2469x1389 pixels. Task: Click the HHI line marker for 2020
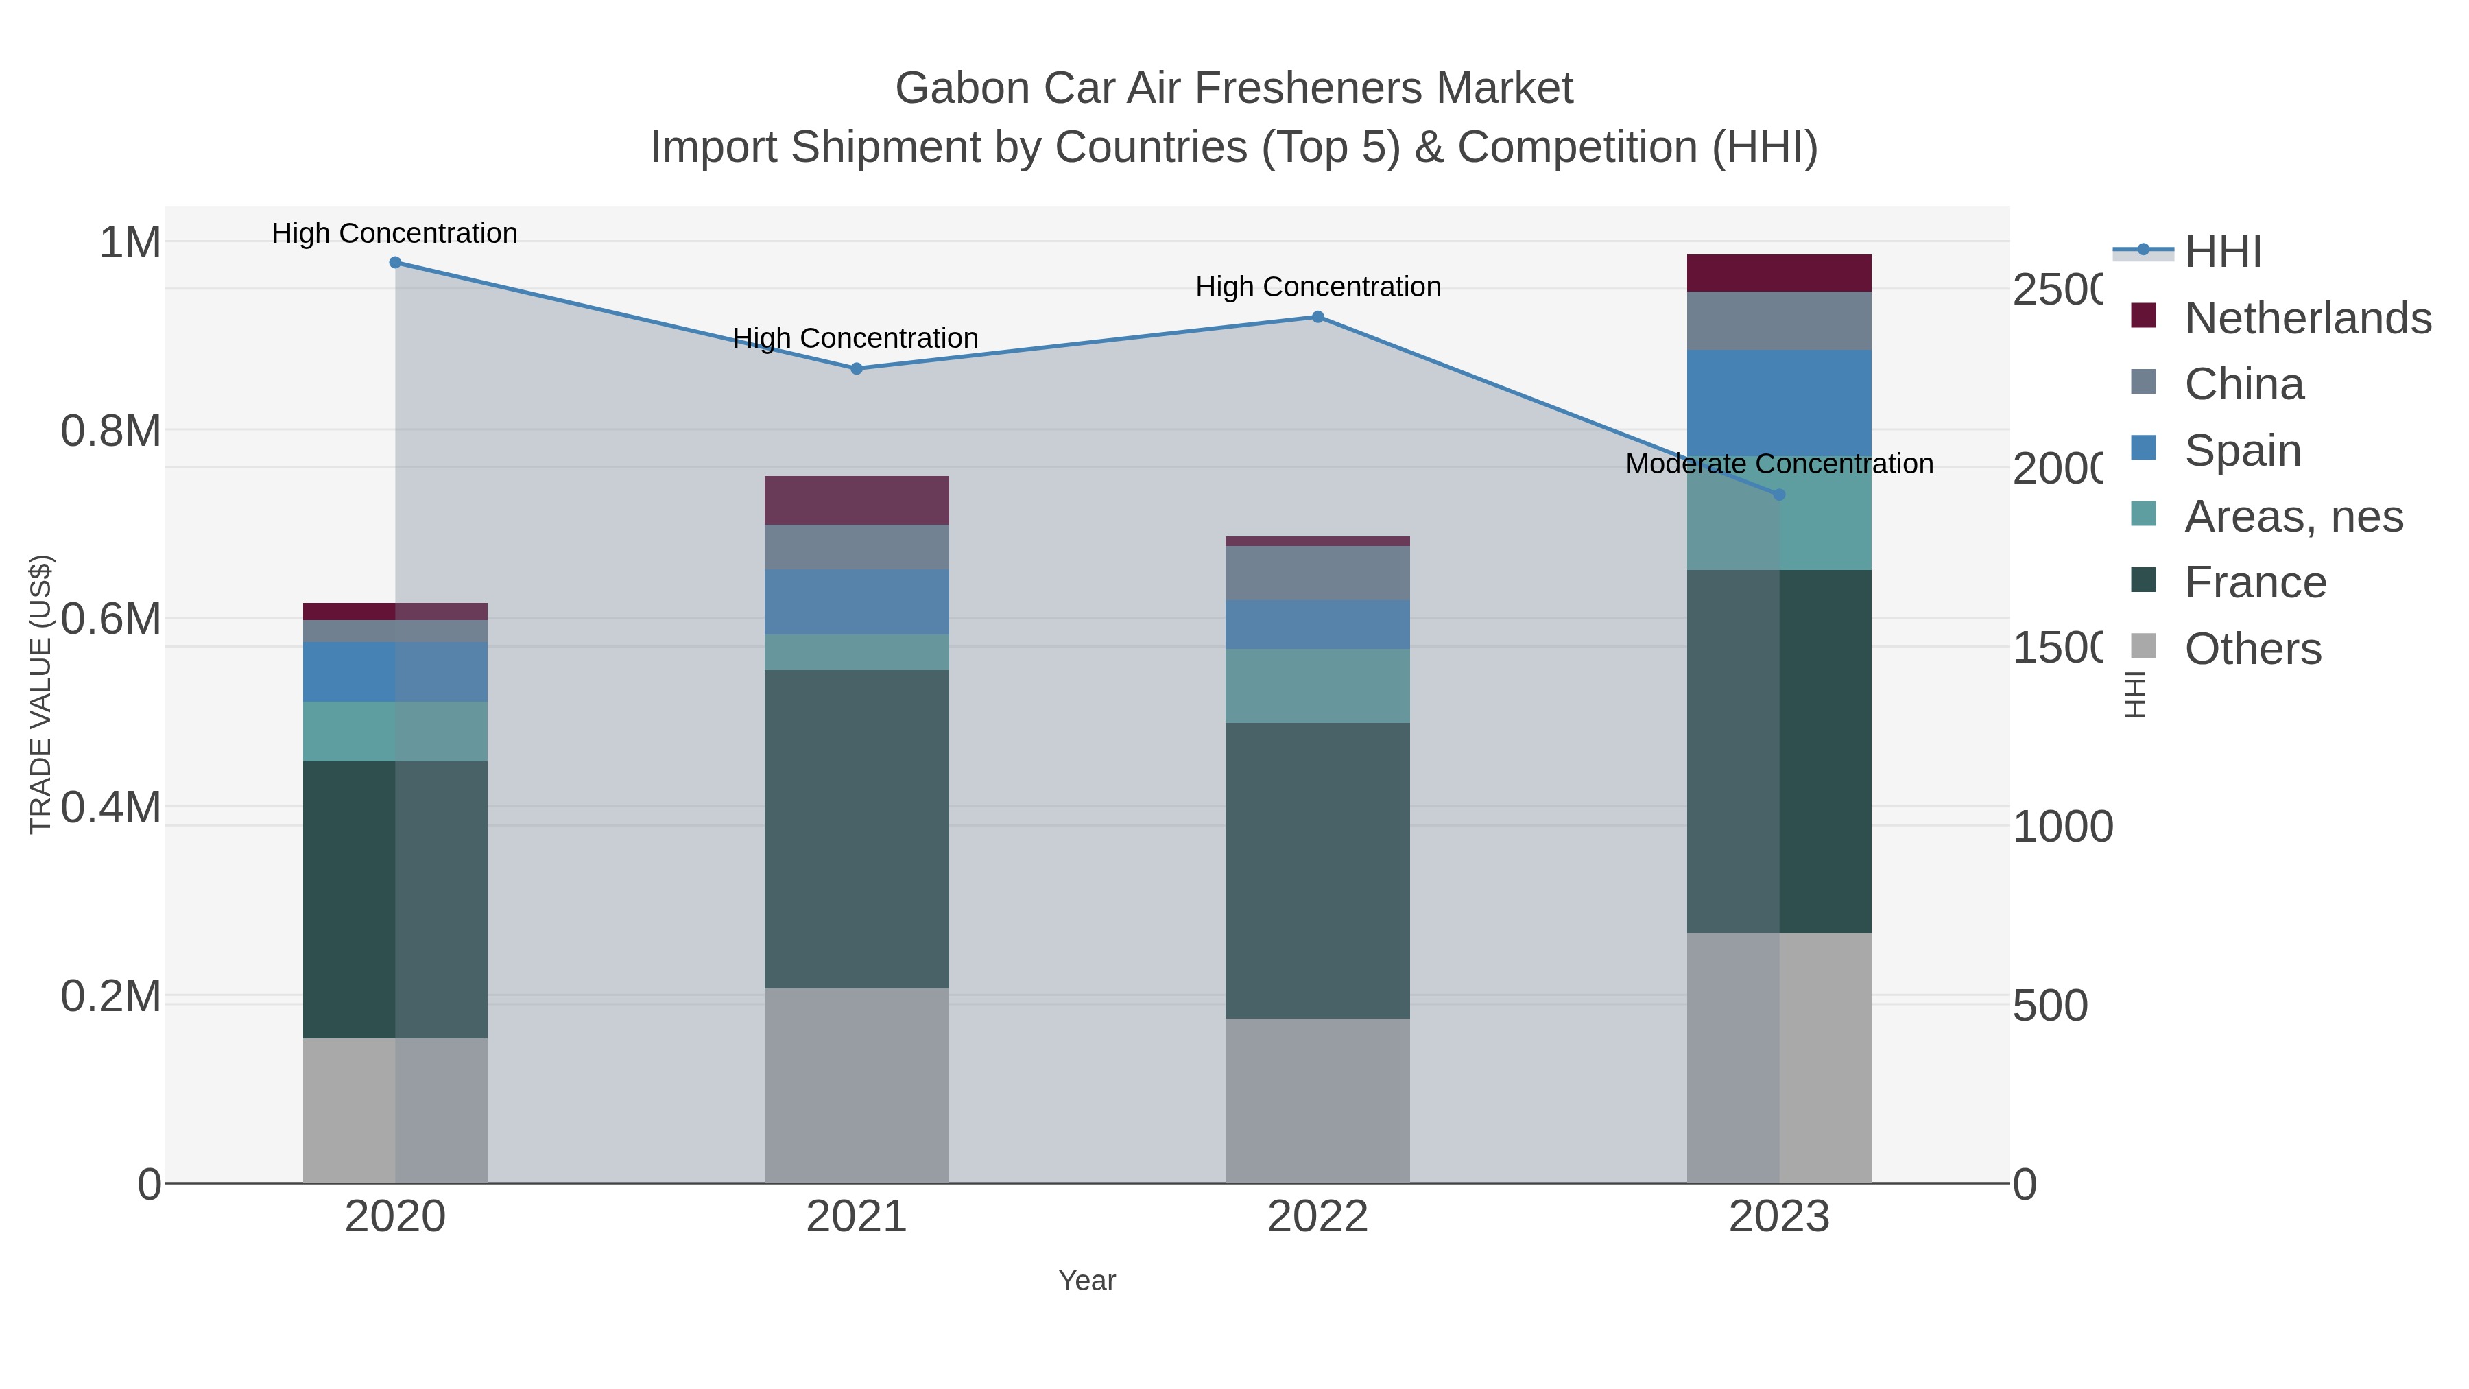pyautogui.click(x=395, y=263)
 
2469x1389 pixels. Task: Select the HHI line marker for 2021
pyautogui.click(x=857, y=369)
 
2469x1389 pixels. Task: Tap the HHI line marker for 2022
pyautogui.click(x=1318, y=318)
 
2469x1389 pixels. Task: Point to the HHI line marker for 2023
pyautogui.click(x=1780, y=495)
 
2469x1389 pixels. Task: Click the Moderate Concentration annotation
pyautogui.click(x=1779, y=464)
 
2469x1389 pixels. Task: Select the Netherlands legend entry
pyautogui.click(x=2307, y=318)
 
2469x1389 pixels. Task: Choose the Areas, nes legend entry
pyautogui.click(x=2293, y=517)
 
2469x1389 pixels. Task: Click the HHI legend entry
pyautogui.click(x=2223, y=252)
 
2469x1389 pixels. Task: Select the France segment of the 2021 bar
pyautogui.click(x=857, y=829)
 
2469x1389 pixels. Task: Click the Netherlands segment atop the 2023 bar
pyautogui.click(x=1779, y=273)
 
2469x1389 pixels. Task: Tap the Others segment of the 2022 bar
pyautogui.click(x=1318, y=1100)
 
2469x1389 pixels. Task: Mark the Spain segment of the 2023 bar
pyautogui.click(x=1779, y=403)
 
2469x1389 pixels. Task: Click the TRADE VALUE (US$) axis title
pyautogui.click(x=40, y=694)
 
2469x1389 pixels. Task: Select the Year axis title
pyautogui.click(x=1087, y=1281)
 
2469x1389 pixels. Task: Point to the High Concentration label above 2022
pyautogui.click(x=1318, y=287)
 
